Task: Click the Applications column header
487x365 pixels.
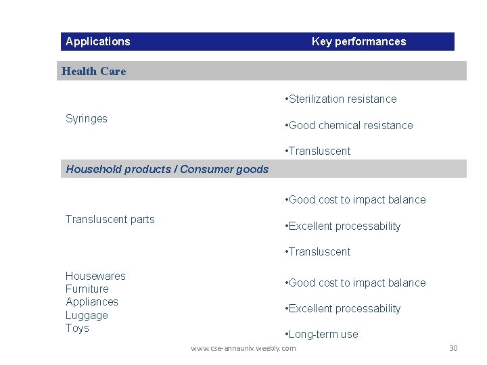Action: pyautogui.click(x=97, y=42)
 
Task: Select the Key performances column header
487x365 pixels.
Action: pyautogui.click(x=358, y=42)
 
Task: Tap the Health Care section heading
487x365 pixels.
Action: pyautogui.click(x=93, y=71)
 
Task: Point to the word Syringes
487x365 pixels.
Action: pyautogui.click(x=87, y=119)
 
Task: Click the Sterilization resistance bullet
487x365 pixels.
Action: pyautogui.click(x=341, y=99)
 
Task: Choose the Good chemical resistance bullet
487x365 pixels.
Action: pyautogui.click(x=349, y=126)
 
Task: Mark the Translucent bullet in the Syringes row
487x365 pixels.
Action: pyautogui.click(x=318, y=151)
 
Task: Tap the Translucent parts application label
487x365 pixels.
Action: pyautogui.click(x=110, y=220)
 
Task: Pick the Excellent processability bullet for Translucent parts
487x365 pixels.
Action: pyautogui.click(x=343, y=226)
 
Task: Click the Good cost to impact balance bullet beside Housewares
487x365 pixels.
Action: pyautogui.click(x=356, y=283)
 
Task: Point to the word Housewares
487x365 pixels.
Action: pyautogui.click(x=95, y=276)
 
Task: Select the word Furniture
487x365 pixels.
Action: pyautogui.click(x=87, y=289)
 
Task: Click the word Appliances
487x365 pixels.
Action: pyautogui.click(x=92, y=302)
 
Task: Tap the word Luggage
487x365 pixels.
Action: pyautogui.click(x=87, y=316)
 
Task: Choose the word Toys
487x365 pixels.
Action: pyautogui.click(x=77, y=328)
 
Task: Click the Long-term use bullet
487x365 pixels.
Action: pyautogui.click(x=322, y=335)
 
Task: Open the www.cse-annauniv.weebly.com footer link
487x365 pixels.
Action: pyautogui.click(x=243, y=348)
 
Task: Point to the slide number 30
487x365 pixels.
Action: pyautogui.click(x=453, y=348)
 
